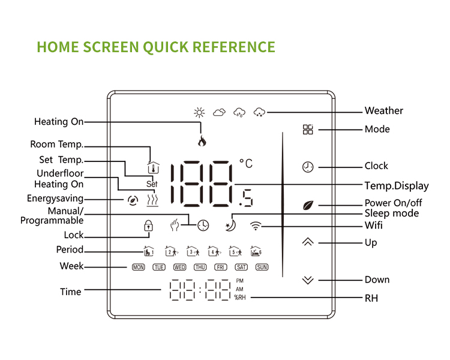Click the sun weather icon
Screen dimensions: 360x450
[x=199, y=112]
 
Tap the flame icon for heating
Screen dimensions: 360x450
[x=202, y=142]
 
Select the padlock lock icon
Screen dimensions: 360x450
[x=148, y=226]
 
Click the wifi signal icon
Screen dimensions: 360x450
[x=256, y=226]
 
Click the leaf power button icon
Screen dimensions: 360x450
[x=308, y=205]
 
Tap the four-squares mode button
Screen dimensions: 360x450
[x=308, y=129]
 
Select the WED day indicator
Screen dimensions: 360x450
[x=179, y=267]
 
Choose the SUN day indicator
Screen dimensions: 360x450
[x=262, y=267]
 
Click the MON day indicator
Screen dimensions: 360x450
[x=139, y=267]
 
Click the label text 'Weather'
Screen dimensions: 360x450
[x=384, y=110]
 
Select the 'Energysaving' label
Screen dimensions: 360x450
[x=55, y=198]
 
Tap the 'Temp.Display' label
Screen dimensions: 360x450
[x=397, y=185]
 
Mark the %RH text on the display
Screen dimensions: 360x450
[x=240, y=298]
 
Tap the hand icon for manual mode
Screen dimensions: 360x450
[x=175, y=226]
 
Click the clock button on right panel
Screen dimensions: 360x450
[x=308, y=167]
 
